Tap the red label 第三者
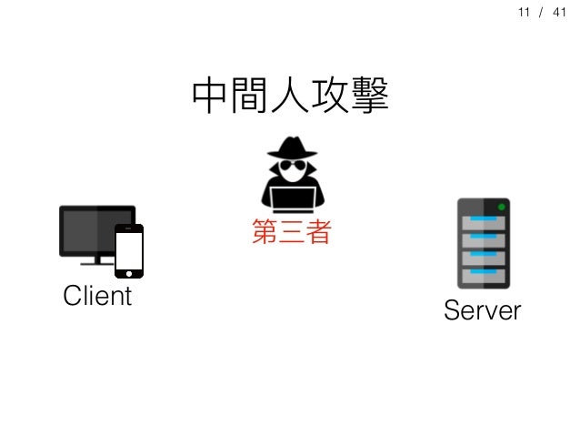click(289, 232)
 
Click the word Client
click(96, 297)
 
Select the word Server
click(482, 311)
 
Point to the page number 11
click(523, 14)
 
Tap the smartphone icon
click(129, 249)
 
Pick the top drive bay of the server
click(484, 223)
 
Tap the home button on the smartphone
click(129, 270)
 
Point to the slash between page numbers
click(543, 14)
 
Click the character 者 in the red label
click(316, 232)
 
